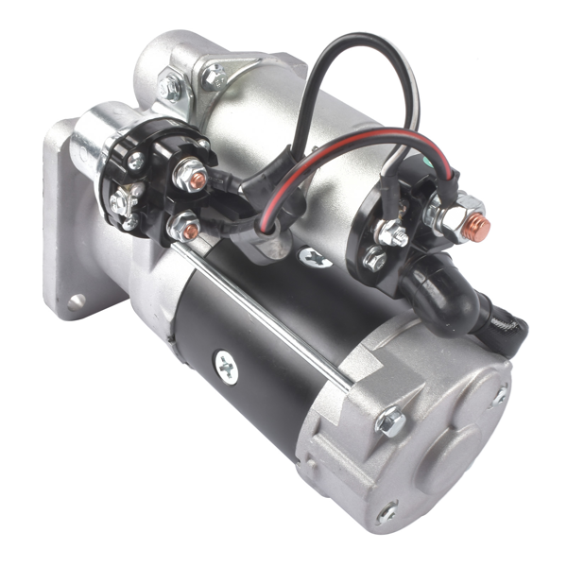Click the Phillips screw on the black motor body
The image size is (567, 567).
pos(226,364)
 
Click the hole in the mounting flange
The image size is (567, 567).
pos(76,301)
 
